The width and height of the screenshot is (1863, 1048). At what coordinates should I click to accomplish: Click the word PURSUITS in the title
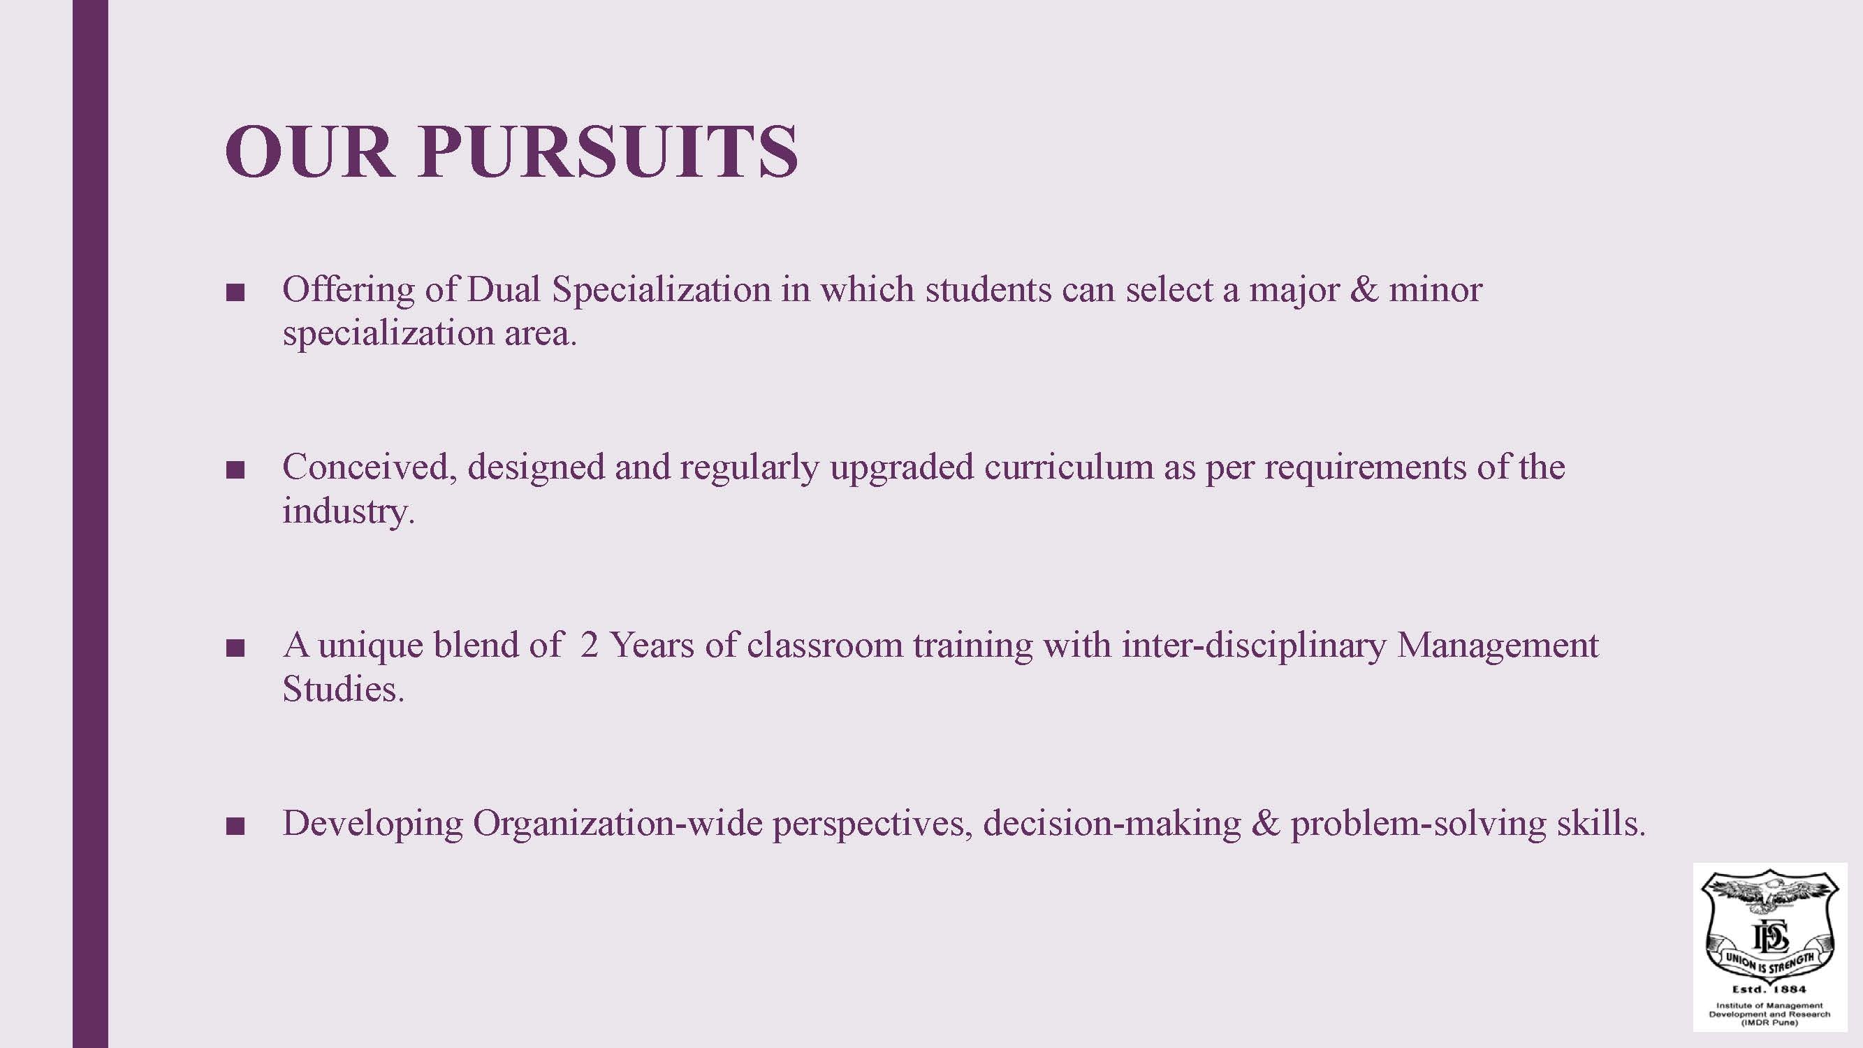(x=608, y=151)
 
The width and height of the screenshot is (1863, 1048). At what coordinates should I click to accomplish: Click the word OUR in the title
(x=309, y=151)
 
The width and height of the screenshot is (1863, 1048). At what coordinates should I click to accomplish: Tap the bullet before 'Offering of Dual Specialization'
(x=235, y=293)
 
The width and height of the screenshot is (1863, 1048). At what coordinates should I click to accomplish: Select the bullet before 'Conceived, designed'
(x=235, y=472)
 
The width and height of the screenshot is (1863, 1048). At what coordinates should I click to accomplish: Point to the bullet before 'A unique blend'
(x=235, y=649)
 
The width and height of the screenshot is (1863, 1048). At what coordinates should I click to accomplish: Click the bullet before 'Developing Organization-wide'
(x=235, y=827)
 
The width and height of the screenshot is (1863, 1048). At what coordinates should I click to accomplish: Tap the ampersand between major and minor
(x=1364, y=289)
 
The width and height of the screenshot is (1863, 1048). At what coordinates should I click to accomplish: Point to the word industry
(x=349, y=512)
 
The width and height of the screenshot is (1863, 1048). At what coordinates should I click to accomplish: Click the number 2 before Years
(x=589, y=645)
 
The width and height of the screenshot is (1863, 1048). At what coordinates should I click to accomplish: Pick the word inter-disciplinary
(x=1254, y=646)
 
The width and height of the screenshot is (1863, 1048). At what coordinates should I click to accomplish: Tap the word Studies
(x=344, y=689)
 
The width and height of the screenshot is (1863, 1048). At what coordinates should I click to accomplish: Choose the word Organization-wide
(x=618, y=824)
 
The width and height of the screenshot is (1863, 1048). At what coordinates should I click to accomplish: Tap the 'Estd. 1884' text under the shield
(x=1769, y=989)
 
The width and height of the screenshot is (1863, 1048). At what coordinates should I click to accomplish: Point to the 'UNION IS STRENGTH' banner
(x=1769, y=959)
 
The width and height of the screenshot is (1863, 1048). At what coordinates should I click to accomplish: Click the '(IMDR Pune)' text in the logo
(x=1769, y=1023)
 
